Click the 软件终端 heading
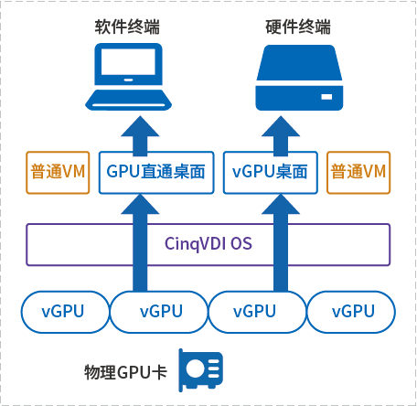point(127,27)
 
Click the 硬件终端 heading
point(298,27)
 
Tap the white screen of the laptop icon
point(128,61)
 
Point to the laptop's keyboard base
point(128,100)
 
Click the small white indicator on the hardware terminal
point(326,97)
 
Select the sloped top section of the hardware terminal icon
point(299,63)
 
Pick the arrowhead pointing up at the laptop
point(140,126)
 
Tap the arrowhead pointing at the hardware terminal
point(281,126)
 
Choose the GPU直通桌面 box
point(156,173)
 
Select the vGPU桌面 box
point(271,173)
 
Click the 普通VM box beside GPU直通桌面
point(58,173)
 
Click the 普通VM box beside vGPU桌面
point(358,173)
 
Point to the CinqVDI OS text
point(208,243)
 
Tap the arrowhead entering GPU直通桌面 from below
point(140,204)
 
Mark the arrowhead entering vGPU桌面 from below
point(281,204)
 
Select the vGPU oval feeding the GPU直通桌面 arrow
point(159,312)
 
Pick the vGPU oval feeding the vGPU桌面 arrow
point(258,312)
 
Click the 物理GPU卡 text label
point(125,372)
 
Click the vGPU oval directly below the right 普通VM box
point(351,312)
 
